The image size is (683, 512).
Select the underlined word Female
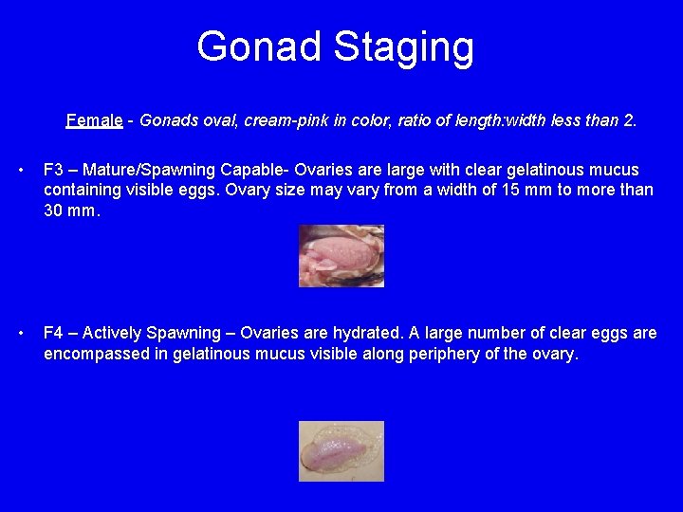point(94,120)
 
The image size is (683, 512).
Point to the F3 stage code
point(55,171)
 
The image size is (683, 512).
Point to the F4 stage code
point(55,333)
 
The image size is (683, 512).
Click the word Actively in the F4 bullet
point(114,333)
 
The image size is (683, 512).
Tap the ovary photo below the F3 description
point(341,255)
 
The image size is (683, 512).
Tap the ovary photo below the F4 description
point(341,450)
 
